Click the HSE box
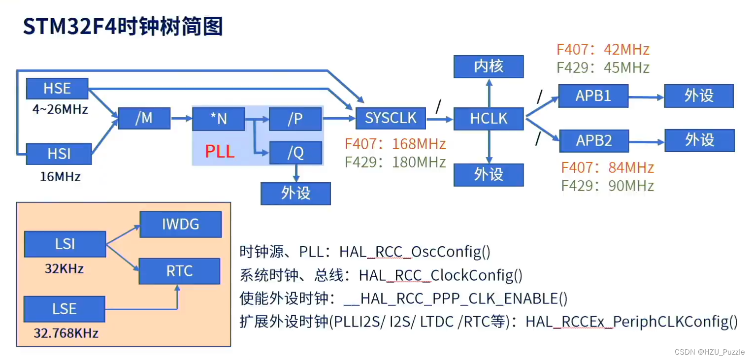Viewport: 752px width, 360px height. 57,89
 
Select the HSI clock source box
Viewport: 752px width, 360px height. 59,154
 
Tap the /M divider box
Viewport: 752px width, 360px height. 144,118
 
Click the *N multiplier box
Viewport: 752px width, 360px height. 218,119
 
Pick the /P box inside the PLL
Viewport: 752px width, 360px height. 295,119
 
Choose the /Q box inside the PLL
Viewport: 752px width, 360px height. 295,153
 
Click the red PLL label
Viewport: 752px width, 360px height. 220,151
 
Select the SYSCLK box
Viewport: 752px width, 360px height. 391,118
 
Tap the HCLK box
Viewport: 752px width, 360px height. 489,119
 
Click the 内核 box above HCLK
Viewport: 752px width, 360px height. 489,66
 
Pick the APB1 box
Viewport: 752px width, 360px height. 593,96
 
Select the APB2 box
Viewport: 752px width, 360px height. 594,141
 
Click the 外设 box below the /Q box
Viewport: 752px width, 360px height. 295,193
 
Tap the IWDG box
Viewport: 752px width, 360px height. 180,225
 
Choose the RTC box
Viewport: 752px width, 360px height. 179,271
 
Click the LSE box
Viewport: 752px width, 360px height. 65,309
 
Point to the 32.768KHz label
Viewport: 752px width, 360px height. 66,333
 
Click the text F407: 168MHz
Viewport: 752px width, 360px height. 395,144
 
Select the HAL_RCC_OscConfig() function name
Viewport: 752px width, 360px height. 415,252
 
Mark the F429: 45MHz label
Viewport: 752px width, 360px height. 603,67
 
